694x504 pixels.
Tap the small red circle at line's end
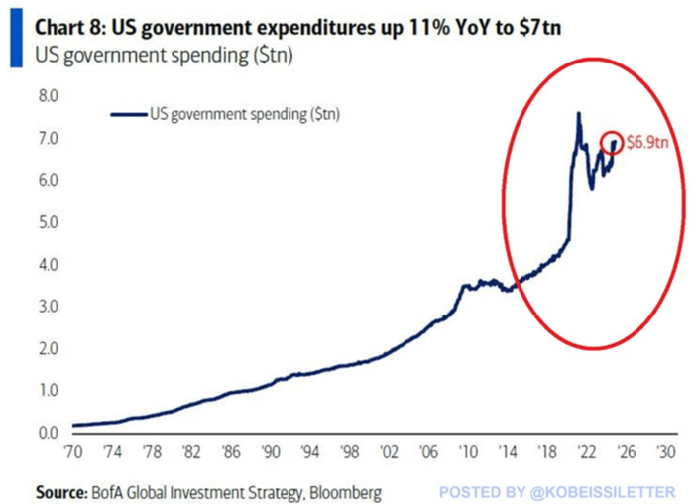614,144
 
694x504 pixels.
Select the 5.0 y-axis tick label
48,223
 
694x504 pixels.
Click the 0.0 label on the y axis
48,434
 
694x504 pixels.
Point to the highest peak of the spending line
578,114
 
